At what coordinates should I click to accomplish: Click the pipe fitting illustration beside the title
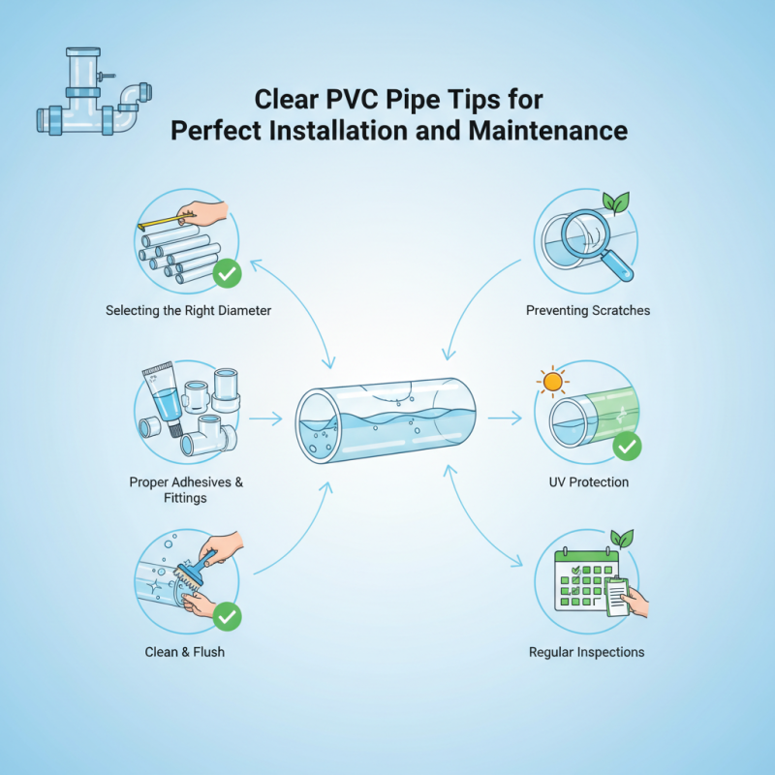(x=92, y=94)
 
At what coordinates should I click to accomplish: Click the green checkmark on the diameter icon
(x=227, y=274)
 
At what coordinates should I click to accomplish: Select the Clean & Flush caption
(x=184, y=652)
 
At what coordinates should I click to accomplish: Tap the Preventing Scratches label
(x=587, y=311)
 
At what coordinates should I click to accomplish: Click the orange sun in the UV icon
(x=553, y=382)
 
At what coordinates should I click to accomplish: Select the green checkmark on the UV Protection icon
(x=627, y=446)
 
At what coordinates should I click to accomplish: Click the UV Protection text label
(x=587, y=481)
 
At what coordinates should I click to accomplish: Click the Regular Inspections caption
(x=586, y=652)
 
